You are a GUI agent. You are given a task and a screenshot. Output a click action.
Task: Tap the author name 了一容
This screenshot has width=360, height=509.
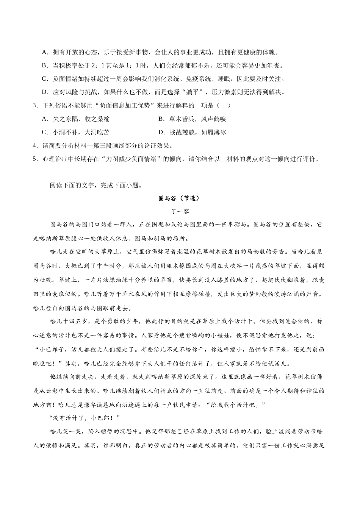180,211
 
